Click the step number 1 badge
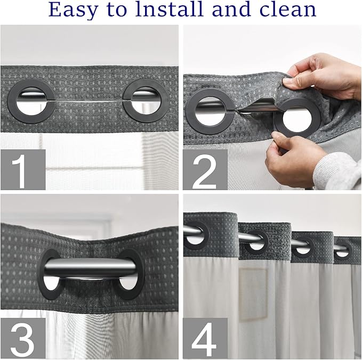click(23, 169)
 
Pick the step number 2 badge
click(205, 169)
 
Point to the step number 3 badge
click(23, 338)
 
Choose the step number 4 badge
click(205, 338)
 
